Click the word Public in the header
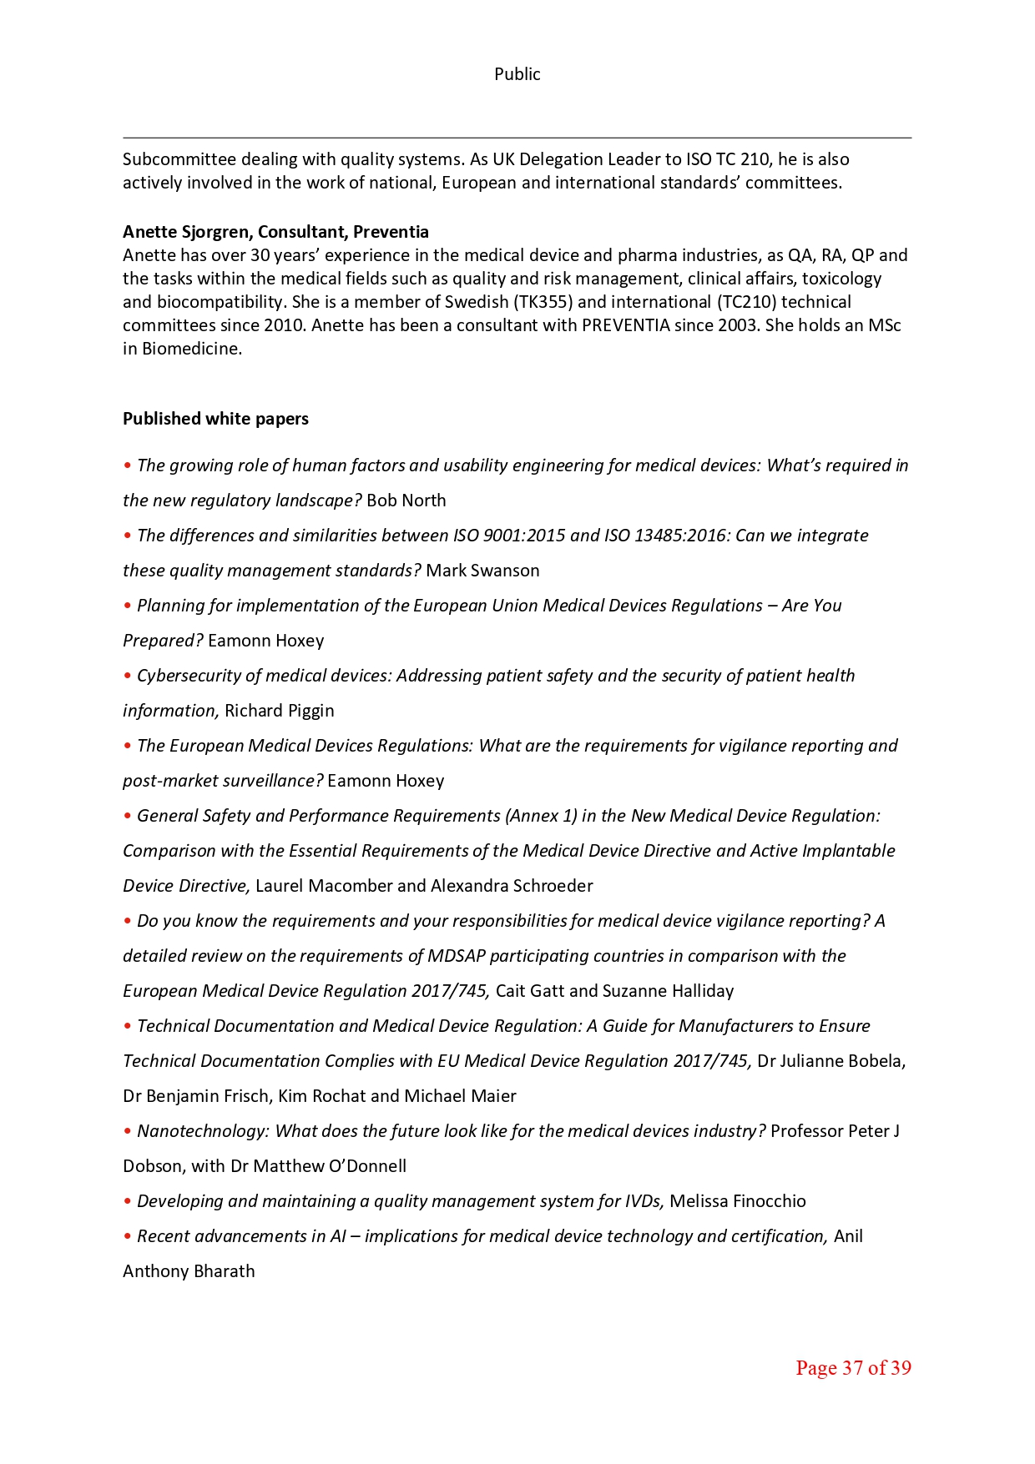[517, 74]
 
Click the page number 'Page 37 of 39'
[853, 1367]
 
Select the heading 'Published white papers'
[215, 419]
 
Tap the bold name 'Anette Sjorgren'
[187, 232]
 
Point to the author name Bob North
[406, 501]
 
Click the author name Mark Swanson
[482, 571]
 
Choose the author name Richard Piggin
[280, 711]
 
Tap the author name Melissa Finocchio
[738, 1201]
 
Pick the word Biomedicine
[191, 349]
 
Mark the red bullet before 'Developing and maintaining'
[128, 1201]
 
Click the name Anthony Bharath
[189, 1271]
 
